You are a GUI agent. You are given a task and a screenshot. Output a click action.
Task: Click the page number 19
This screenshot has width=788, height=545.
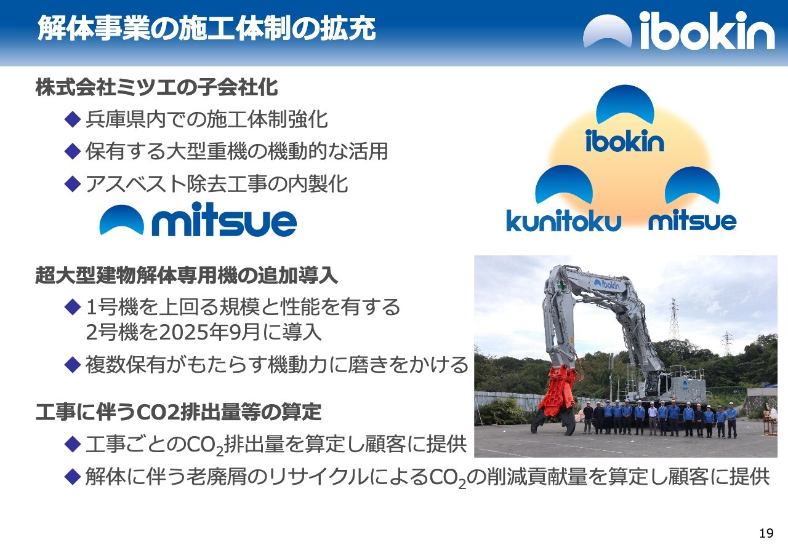point(766,533)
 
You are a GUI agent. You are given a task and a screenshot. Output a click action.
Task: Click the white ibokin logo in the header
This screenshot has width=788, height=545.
point(678,30)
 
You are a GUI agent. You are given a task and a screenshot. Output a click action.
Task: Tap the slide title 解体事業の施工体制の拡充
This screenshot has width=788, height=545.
point(206,28)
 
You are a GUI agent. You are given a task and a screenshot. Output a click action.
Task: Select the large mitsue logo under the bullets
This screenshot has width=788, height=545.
point(198,219)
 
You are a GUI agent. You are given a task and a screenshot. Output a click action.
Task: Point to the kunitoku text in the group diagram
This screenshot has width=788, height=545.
point(563,220)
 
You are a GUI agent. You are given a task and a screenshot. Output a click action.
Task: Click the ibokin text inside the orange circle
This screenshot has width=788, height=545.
point(625,141)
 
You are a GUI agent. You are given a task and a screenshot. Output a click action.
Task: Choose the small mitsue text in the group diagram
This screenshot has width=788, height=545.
point(693,220)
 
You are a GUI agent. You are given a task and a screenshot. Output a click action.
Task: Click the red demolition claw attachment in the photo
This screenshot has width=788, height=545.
point(556,401)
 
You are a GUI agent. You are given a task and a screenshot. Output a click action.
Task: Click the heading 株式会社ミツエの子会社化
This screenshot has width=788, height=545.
point(156,87)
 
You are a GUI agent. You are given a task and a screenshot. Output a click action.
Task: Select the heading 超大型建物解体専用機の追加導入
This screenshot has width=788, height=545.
point(187,276)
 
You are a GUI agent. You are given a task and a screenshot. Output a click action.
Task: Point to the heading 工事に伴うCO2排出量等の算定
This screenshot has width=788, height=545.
point(179,412)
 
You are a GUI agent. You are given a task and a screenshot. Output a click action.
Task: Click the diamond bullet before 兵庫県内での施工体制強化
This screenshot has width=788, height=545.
point(73,119)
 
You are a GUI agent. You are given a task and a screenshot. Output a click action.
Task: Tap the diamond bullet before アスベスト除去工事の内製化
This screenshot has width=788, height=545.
point(73,184)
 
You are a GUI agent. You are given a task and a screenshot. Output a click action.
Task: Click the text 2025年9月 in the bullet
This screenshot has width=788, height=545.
point(210,332)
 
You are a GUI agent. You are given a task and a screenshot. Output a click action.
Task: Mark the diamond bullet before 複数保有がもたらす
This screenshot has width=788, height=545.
point(73,365)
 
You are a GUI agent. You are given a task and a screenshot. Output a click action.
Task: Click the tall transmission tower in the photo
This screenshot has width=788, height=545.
point(673,318)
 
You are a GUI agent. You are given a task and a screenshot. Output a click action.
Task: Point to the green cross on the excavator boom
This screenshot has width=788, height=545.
point(561,284)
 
